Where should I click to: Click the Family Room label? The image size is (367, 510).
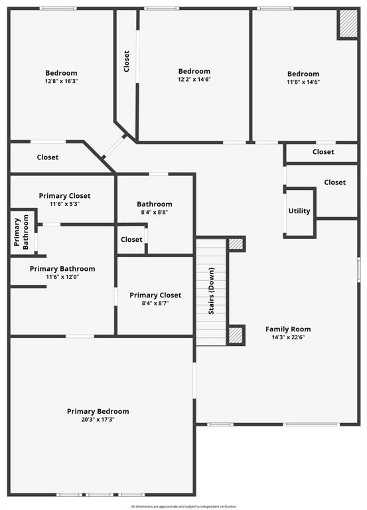(x=288, y=329)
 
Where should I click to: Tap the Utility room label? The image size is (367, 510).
(x=299, y=211)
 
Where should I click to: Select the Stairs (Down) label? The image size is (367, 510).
(x=211, y=291)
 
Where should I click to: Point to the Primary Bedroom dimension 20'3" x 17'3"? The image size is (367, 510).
(x=98, y=420)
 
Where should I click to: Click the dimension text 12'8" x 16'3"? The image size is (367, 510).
(x=61, y=81)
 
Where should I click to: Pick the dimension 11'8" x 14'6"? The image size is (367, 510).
(x=303, y=82)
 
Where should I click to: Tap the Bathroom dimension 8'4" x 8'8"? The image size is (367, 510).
(x=155, y=212)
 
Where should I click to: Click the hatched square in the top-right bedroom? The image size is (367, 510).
(x=348, y=24)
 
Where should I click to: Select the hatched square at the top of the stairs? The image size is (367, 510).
(x=236, y=244)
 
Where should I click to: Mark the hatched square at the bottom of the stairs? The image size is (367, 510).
(x=236, y=335)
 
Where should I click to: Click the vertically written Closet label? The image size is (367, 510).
(x=127, y=61)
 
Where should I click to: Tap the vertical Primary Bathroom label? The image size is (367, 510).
(x=21, y=232)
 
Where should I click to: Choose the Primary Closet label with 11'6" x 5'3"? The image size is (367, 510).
(x=64, y=196)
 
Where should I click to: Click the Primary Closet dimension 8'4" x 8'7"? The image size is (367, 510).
(x=155, y=303)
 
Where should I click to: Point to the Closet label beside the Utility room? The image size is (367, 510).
(x=335, y=182)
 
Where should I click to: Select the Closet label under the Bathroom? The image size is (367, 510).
(x=131, y=239)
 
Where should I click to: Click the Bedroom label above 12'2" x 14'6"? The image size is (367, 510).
(x=194, y=71)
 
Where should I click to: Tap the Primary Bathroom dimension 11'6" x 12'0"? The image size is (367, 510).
(x=62, y=277)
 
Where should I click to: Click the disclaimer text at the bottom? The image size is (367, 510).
(x=184, y=507)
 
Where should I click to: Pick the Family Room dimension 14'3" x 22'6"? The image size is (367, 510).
(x=288, y=337)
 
